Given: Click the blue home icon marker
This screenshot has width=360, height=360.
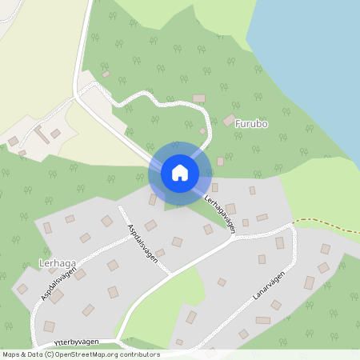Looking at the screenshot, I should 179,172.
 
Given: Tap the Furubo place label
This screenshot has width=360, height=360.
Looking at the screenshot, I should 251,124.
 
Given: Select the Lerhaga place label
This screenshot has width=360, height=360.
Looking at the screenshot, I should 56,262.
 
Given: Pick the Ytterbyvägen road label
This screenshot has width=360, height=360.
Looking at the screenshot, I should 77,342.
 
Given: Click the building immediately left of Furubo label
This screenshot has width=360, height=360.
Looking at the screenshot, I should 230,120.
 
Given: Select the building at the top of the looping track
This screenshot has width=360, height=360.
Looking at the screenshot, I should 198,98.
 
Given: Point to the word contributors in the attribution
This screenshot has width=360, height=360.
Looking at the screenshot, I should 142,354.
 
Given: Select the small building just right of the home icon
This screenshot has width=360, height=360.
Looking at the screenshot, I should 220,162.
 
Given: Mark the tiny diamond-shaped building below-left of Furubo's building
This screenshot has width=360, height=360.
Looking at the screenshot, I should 202,131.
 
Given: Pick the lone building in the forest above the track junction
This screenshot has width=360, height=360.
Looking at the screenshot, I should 106,74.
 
